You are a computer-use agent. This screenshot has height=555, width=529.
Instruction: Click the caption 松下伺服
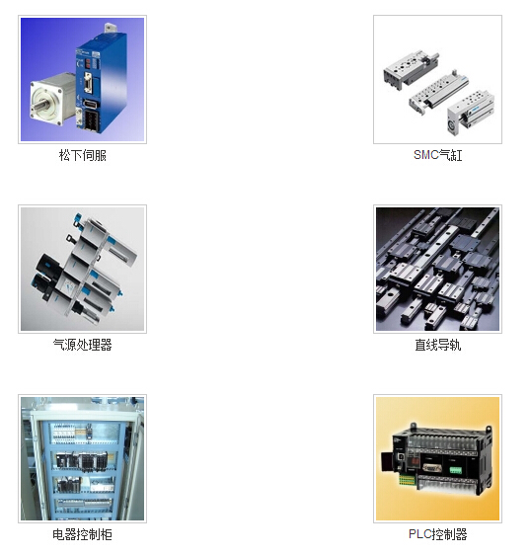tap(83, 155)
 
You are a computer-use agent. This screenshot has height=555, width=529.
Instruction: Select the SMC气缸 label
tap(437, 155)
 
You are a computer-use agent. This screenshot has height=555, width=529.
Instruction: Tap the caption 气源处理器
tap(83, 345)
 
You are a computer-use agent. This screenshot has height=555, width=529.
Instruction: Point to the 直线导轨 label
tap(437, 345)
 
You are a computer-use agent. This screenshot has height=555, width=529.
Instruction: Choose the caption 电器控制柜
tap(83, 534)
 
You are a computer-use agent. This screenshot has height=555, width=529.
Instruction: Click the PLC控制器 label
tap(437, 534)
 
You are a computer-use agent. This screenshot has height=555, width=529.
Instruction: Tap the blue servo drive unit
tap(101, 82)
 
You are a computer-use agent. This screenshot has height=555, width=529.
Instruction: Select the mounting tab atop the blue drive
tap(110, 29)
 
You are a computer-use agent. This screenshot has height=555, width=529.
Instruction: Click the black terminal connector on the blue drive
tap(90, 120)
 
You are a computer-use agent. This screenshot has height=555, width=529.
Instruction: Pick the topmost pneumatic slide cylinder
tap(411, 70)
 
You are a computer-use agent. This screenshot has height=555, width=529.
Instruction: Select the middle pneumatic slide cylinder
tap(438, 93)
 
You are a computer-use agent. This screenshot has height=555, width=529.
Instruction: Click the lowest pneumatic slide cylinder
tap(470, 113)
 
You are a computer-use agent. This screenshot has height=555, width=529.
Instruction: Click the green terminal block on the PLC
tap(455, 470)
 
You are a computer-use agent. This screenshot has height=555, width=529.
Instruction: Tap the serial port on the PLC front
tap(431, 469)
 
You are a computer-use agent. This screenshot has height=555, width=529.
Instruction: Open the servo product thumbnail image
tap(83, 79)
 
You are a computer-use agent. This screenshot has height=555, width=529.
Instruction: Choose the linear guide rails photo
tap(437, 269)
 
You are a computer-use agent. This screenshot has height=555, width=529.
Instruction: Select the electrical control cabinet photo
tap(83, 458)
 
